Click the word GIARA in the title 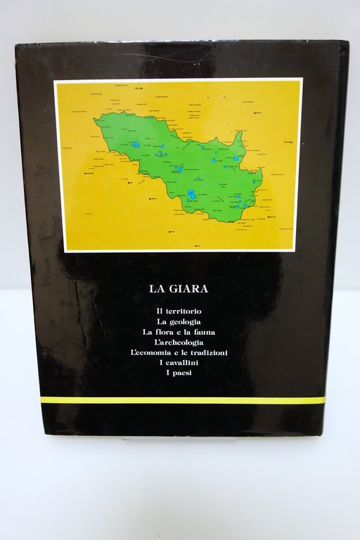pos(189,287)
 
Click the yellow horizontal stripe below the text pos(183,399)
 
